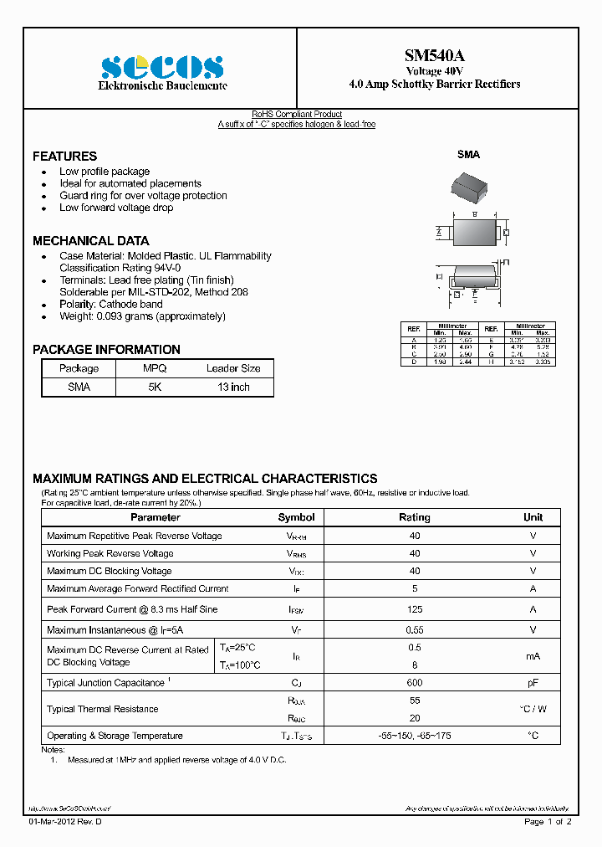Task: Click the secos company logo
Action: point(162,67)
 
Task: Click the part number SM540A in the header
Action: point(434,55)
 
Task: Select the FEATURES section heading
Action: point(64,157)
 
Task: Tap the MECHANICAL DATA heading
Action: point(90,241)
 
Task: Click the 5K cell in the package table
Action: point(155,388)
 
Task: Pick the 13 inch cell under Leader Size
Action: point(233,388)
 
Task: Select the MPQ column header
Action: point(155,368)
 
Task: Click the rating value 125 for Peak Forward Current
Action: point(415,609)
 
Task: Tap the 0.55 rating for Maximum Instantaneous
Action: point(415,629)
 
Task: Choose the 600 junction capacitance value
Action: point(415,683)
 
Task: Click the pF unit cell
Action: point(533,683)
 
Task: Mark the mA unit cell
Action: point(533,657)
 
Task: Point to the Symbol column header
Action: point(296,517)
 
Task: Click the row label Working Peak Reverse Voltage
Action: point(110,553)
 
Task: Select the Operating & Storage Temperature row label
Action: point(115,736)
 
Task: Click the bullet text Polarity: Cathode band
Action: point(111,305)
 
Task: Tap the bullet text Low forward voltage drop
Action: point(116,208)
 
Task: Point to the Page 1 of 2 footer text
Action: point(548,822)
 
